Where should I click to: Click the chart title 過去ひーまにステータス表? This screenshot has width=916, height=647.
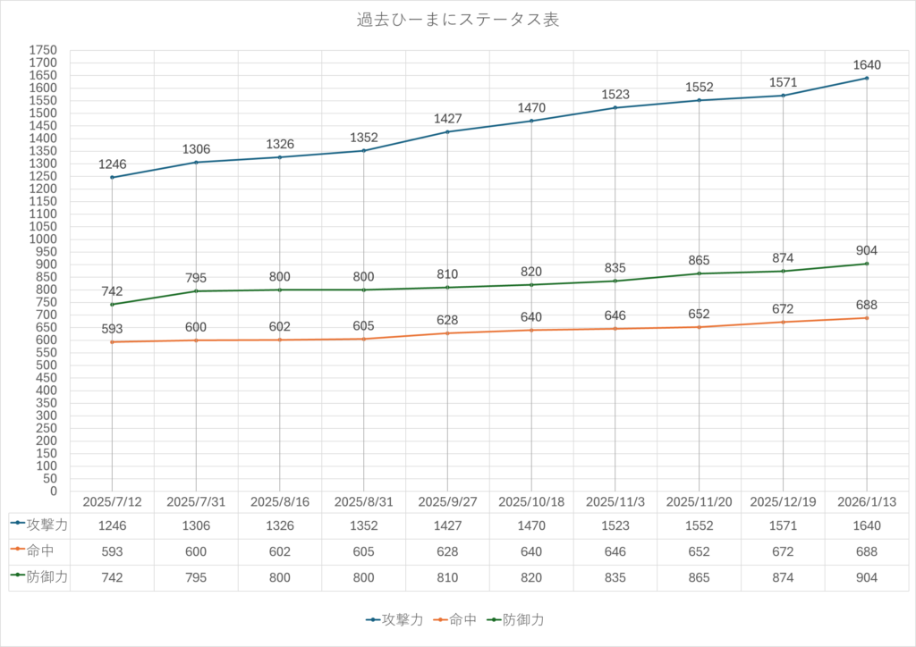(x=457, y=20)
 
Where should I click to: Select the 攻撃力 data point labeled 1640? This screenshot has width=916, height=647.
(x=867, y=78)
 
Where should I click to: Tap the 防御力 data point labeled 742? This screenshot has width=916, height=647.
(x=112, y=305)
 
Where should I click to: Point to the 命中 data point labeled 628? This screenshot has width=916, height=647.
(x=447, y=333)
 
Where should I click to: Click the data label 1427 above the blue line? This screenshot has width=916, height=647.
(x=447, y=119)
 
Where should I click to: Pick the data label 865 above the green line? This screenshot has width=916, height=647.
(x=699, y=261)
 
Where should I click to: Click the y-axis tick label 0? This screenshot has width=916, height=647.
(x=53, y=492)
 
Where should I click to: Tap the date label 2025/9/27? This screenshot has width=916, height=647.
(x=447, y=502)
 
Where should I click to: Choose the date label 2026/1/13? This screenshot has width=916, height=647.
(x=867, y=502)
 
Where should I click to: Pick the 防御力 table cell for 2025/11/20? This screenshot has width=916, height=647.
(x=699, y=578)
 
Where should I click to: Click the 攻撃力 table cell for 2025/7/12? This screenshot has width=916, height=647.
(x=112, y=525)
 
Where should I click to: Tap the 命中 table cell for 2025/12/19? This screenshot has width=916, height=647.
(x=783, y=551)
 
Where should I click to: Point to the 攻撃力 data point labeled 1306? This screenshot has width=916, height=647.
(x=196, y=162)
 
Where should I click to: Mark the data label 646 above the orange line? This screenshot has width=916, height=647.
(x=615, y=315)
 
